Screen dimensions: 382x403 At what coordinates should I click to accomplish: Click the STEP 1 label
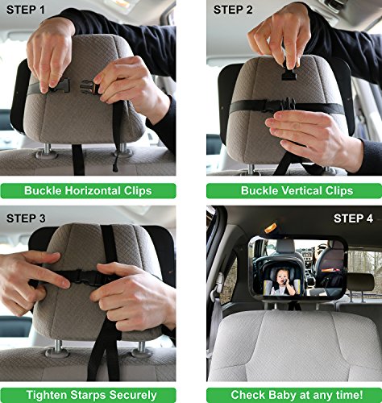pos(26,10)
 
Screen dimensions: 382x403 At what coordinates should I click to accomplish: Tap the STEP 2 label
pos(233,10)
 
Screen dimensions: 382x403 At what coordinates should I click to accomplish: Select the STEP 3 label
pos(26,218)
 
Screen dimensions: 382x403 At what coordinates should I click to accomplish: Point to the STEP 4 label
pos(353,218)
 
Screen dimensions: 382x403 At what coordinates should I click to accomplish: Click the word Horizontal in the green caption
pos(93,190)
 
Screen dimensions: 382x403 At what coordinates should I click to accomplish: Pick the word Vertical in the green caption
pos(301,190)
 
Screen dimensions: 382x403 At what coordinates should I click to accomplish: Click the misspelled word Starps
pos(89,395)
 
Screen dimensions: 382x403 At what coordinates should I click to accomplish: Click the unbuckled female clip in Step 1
pos(89,87)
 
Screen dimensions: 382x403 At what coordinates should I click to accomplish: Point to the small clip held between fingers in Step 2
pos(289,73)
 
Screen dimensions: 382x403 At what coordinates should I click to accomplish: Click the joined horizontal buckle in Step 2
pos(279,104)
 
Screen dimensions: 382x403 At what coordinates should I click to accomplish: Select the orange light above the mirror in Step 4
pos(270,227)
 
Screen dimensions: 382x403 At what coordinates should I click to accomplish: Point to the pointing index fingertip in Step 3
pos(64,283)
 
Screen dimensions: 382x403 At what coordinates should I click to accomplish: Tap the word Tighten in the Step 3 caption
pos(47,395)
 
